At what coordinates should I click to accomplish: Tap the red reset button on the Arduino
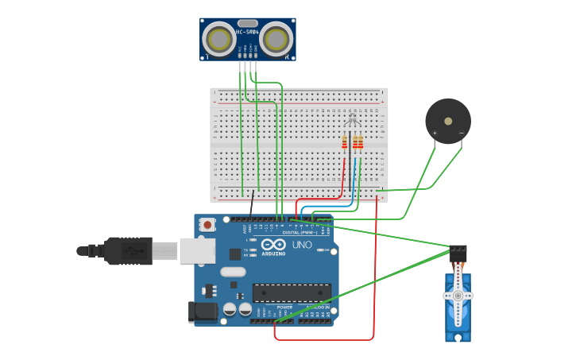tap(208, 225)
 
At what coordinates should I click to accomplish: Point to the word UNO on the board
tap(302, 244)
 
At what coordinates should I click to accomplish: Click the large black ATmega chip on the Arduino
tap(292, 292)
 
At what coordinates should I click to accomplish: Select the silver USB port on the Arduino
tap(197, 251)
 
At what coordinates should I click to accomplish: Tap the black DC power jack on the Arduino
tap(203, 312)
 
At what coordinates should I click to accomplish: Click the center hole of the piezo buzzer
tap(448, 121)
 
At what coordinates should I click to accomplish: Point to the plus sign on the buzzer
tap(435, 133)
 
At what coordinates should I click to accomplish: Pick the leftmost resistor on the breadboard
tap(344, 142)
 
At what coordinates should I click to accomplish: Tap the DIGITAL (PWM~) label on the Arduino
tap(298, 232)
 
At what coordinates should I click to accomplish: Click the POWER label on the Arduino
tap(284, 307)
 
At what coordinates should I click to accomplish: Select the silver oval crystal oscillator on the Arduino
tap(233, 272)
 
